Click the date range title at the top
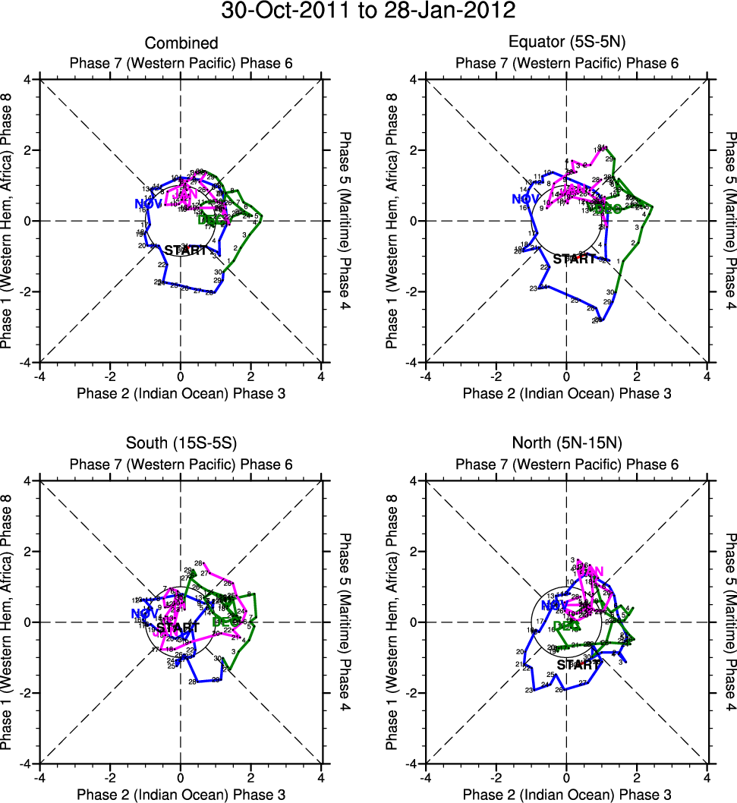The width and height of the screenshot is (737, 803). (x=368, y=11)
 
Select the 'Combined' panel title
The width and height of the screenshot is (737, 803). (x=181, y=43)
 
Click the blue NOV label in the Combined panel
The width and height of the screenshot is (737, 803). (x=148, y=203)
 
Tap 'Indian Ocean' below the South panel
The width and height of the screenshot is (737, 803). (x=181, y=795)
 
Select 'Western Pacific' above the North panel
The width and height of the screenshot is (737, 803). (x=566, y=464)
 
